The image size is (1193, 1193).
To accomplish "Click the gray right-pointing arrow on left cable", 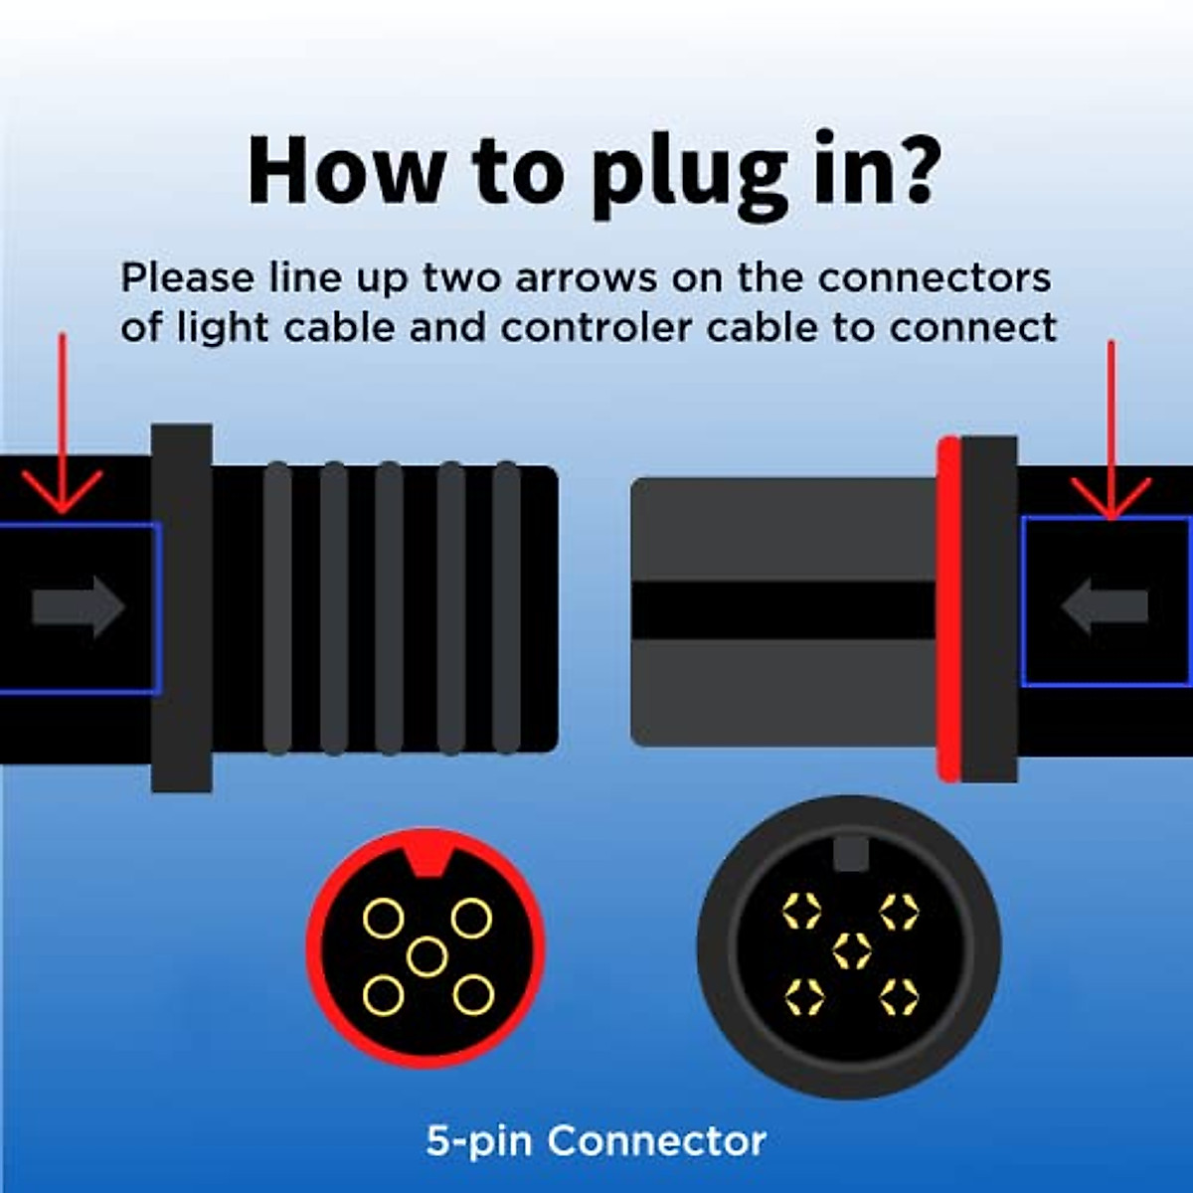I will click(x=79, y=606).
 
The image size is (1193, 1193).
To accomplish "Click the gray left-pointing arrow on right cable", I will click(x=1105, y=606).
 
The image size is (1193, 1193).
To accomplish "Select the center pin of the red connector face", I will click(x=426, y=956).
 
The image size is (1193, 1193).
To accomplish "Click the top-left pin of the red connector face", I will click(x=383, y=919).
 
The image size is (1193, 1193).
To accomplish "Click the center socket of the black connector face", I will click(x=851, y=950).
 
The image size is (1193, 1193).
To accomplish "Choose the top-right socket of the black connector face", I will click(x=899, y=911).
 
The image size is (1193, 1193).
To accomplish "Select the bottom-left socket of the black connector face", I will click(x=803, y=993).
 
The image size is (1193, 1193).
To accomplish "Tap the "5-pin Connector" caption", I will click(x=596, y=1140).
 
